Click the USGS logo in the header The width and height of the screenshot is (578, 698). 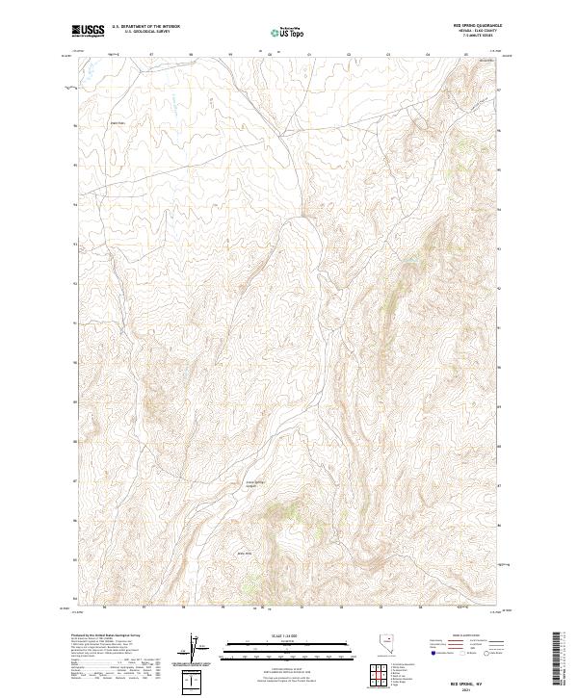point(89,32)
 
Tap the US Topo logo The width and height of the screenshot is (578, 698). point(289,33)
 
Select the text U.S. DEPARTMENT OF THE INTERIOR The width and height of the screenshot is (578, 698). point(145,26)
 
